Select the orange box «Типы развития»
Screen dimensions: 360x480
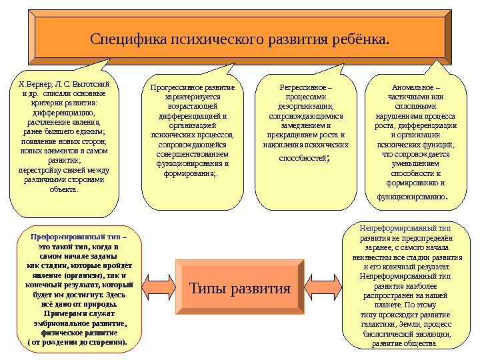(x=240, y=289)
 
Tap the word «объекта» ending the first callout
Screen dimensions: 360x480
(x=63, y=189)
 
